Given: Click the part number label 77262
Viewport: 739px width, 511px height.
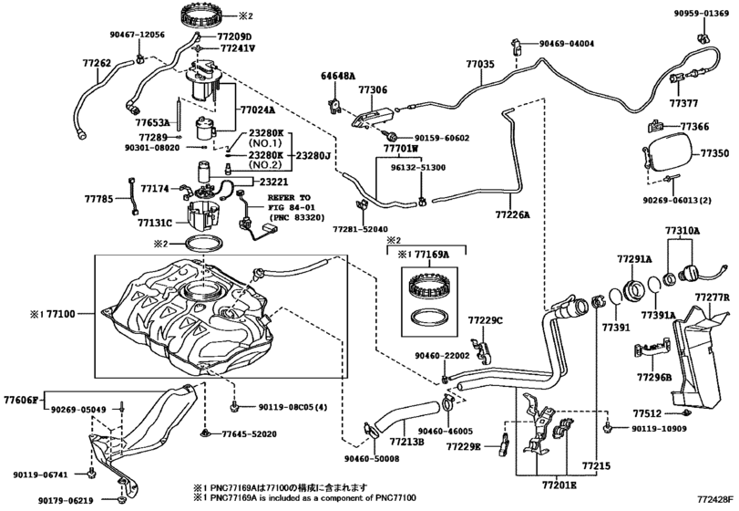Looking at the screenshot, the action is pos(98,63).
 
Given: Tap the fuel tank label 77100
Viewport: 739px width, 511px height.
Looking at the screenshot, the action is pos(60,314).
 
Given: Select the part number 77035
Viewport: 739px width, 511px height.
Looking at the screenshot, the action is pos(481,64).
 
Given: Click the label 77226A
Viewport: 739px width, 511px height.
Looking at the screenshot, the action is pos(512,215).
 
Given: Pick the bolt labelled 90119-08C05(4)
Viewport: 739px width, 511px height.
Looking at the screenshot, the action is pos(234,407).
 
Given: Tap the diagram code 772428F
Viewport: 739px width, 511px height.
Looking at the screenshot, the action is pos(716,499).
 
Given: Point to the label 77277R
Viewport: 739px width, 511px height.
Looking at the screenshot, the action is pos(713,297).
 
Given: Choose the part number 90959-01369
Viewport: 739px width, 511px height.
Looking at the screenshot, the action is pos(701,14).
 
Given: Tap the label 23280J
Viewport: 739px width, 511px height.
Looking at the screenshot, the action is pos(313,155).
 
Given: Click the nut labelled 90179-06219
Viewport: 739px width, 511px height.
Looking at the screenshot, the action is pos(121,499).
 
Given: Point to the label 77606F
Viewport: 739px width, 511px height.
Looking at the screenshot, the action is pos(21,401).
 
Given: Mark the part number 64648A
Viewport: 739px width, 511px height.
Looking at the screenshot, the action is pos(338,76).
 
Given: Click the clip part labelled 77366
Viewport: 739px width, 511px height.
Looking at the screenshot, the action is pos(656,127).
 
